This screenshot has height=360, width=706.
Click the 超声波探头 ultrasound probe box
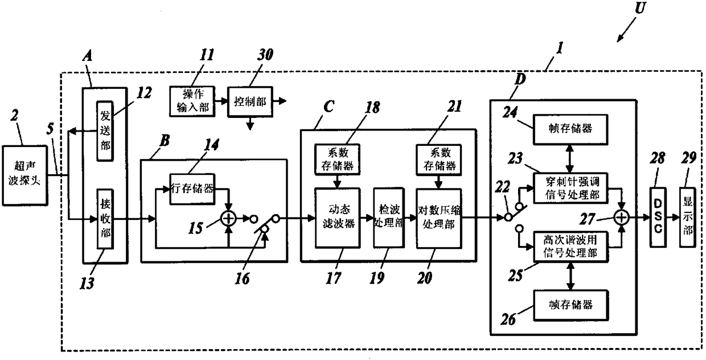pos(25,175)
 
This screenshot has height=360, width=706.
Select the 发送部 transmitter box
pos(105,131)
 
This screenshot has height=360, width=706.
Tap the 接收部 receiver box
pos(105,219)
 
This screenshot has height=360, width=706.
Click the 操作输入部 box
pos(192,101)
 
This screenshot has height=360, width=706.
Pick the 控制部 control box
pos(251,101)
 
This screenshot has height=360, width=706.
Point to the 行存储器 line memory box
pos(192,189)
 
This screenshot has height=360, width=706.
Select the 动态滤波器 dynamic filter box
pos(338,218)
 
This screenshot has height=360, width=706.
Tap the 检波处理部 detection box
pos(389,218)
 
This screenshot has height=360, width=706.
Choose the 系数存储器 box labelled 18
pos(338,159)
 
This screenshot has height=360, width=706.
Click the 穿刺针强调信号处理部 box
pos(571,188)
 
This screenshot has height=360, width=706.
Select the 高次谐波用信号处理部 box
pos(571,247)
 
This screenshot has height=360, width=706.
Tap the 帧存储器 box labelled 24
pos(571,129)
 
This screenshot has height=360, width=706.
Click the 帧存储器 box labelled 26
pos(571,305)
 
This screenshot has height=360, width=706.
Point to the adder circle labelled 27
pos(621,218)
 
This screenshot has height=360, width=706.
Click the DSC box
pos(658,217)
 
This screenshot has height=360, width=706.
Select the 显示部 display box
pos(687,217)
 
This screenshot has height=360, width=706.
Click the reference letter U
pos(640,8)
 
